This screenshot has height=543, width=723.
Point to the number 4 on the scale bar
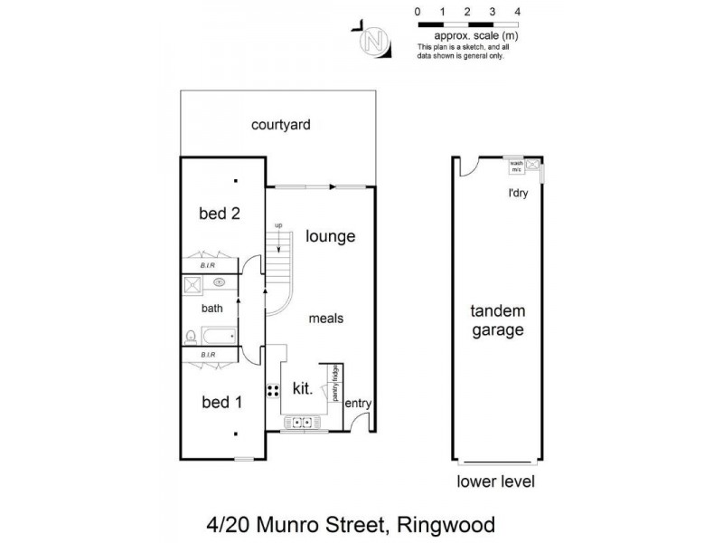click(x=516, y=12)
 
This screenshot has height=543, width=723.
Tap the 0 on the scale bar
click(x=417, y=12)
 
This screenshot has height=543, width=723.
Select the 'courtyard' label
click(x=281, y=125)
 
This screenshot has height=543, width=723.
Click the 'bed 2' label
click(x=220, y=214)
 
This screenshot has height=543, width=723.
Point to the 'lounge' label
click(x=330, y=236)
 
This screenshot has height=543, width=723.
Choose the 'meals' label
click(x=325, y=319)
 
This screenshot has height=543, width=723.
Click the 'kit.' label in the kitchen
click(x=303, y=389)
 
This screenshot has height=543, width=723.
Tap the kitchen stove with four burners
click(x=272, y=390)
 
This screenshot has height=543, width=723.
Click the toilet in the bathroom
click(x=191, y=337)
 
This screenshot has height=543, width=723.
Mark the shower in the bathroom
click(x=192, y=285)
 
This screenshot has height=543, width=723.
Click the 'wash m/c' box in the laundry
click(x=516, y=166)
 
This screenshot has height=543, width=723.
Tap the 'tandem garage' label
click(x=497, y=320)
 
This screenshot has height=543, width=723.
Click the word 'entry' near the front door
click(x=359, y=404)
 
